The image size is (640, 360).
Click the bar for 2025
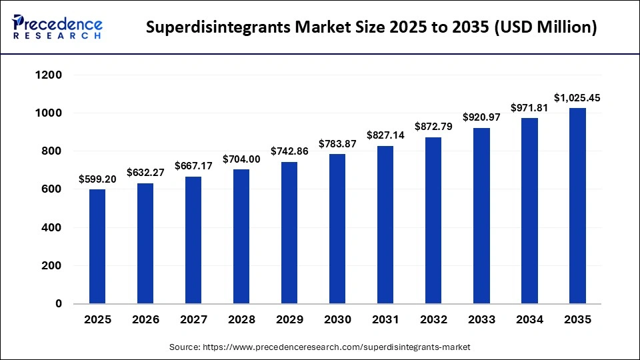pyautogui.click(x=97, y=246)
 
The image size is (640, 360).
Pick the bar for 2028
pyautogui.click(x=241, y=236)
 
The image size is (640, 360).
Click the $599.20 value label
pyautogui.click(x=97, y=179)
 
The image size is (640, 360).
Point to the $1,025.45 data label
pyautogui.click(x=577, y=98)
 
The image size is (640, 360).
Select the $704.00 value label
pyautogui.click(x=241, y=159)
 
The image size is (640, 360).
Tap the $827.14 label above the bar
pyautogui.click(x=385, y=135)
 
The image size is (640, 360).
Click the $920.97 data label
pyautogui.click(x=481, y=118)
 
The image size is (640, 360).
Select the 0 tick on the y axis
pyautogui.click(x=58, y=304)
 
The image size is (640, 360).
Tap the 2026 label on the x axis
pyautogui.click(x=145, y=320)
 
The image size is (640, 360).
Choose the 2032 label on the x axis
pyautogui.click(x=433, y=320)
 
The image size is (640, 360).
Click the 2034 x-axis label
pyautogui.click(x=529, y=320)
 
